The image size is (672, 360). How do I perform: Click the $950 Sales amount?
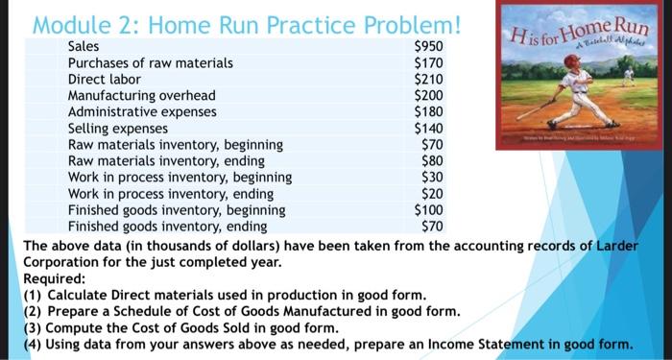coord(426,47)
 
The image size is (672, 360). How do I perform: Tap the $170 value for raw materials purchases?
coord(426,63)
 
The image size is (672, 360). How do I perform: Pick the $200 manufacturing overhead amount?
coord(426,95)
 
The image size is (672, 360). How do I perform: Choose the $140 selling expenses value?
coord(426,128)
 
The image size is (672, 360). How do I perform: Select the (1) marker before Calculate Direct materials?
coord(31,294)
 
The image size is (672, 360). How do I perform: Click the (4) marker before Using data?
coord(31,343)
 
